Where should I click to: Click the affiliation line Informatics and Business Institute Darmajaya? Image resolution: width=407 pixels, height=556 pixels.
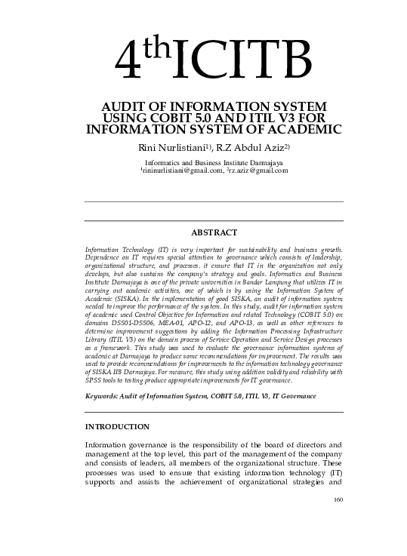(x=214, y=162)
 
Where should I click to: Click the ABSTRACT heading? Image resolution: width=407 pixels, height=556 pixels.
(x=214, y=232)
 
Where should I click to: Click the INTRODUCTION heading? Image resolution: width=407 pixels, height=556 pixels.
(x=117, y=427)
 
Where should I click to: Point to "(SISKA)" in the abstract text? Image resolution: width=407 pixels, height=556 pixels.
(x=118, y=299)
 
